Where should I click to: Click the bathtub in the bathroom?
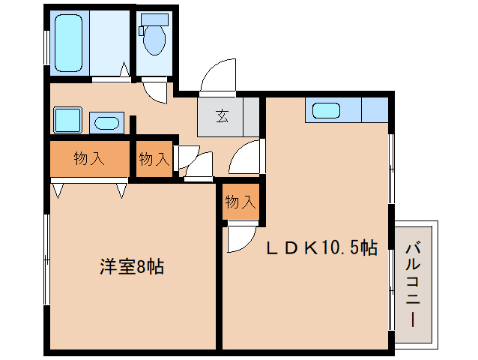click(x=68, y=43)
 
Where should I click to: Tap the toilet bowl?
click(x=154, y=40)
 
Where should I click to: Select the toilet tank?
click(x=154, y=19)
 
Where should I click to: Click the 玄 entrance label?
click(x=223, y=116)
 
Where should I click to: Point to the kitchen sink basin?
click(x=326, y=110)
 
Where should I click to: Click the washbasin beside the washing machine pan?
click(x=106, y=123)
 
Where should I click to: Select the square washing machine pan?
click(x=67, y=120)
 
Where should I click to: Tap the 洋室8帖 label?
click(x=132, y=267)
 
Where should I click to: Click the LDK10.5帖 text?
click(x=322, y=247)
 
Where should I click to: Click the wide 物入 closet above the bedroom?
click(x=90, y=159)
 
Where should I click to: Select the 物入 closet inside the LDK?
click(x=240, y=202)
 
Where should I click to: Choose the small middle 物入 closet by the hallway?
click(x=154, y=159)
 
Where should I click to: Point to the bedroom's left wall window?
click(x=46, y=259)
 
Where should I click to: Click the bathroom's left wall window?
click(x=46, y=47)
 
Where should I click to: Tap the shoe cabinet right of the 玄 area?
click(x=251, y=116)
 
